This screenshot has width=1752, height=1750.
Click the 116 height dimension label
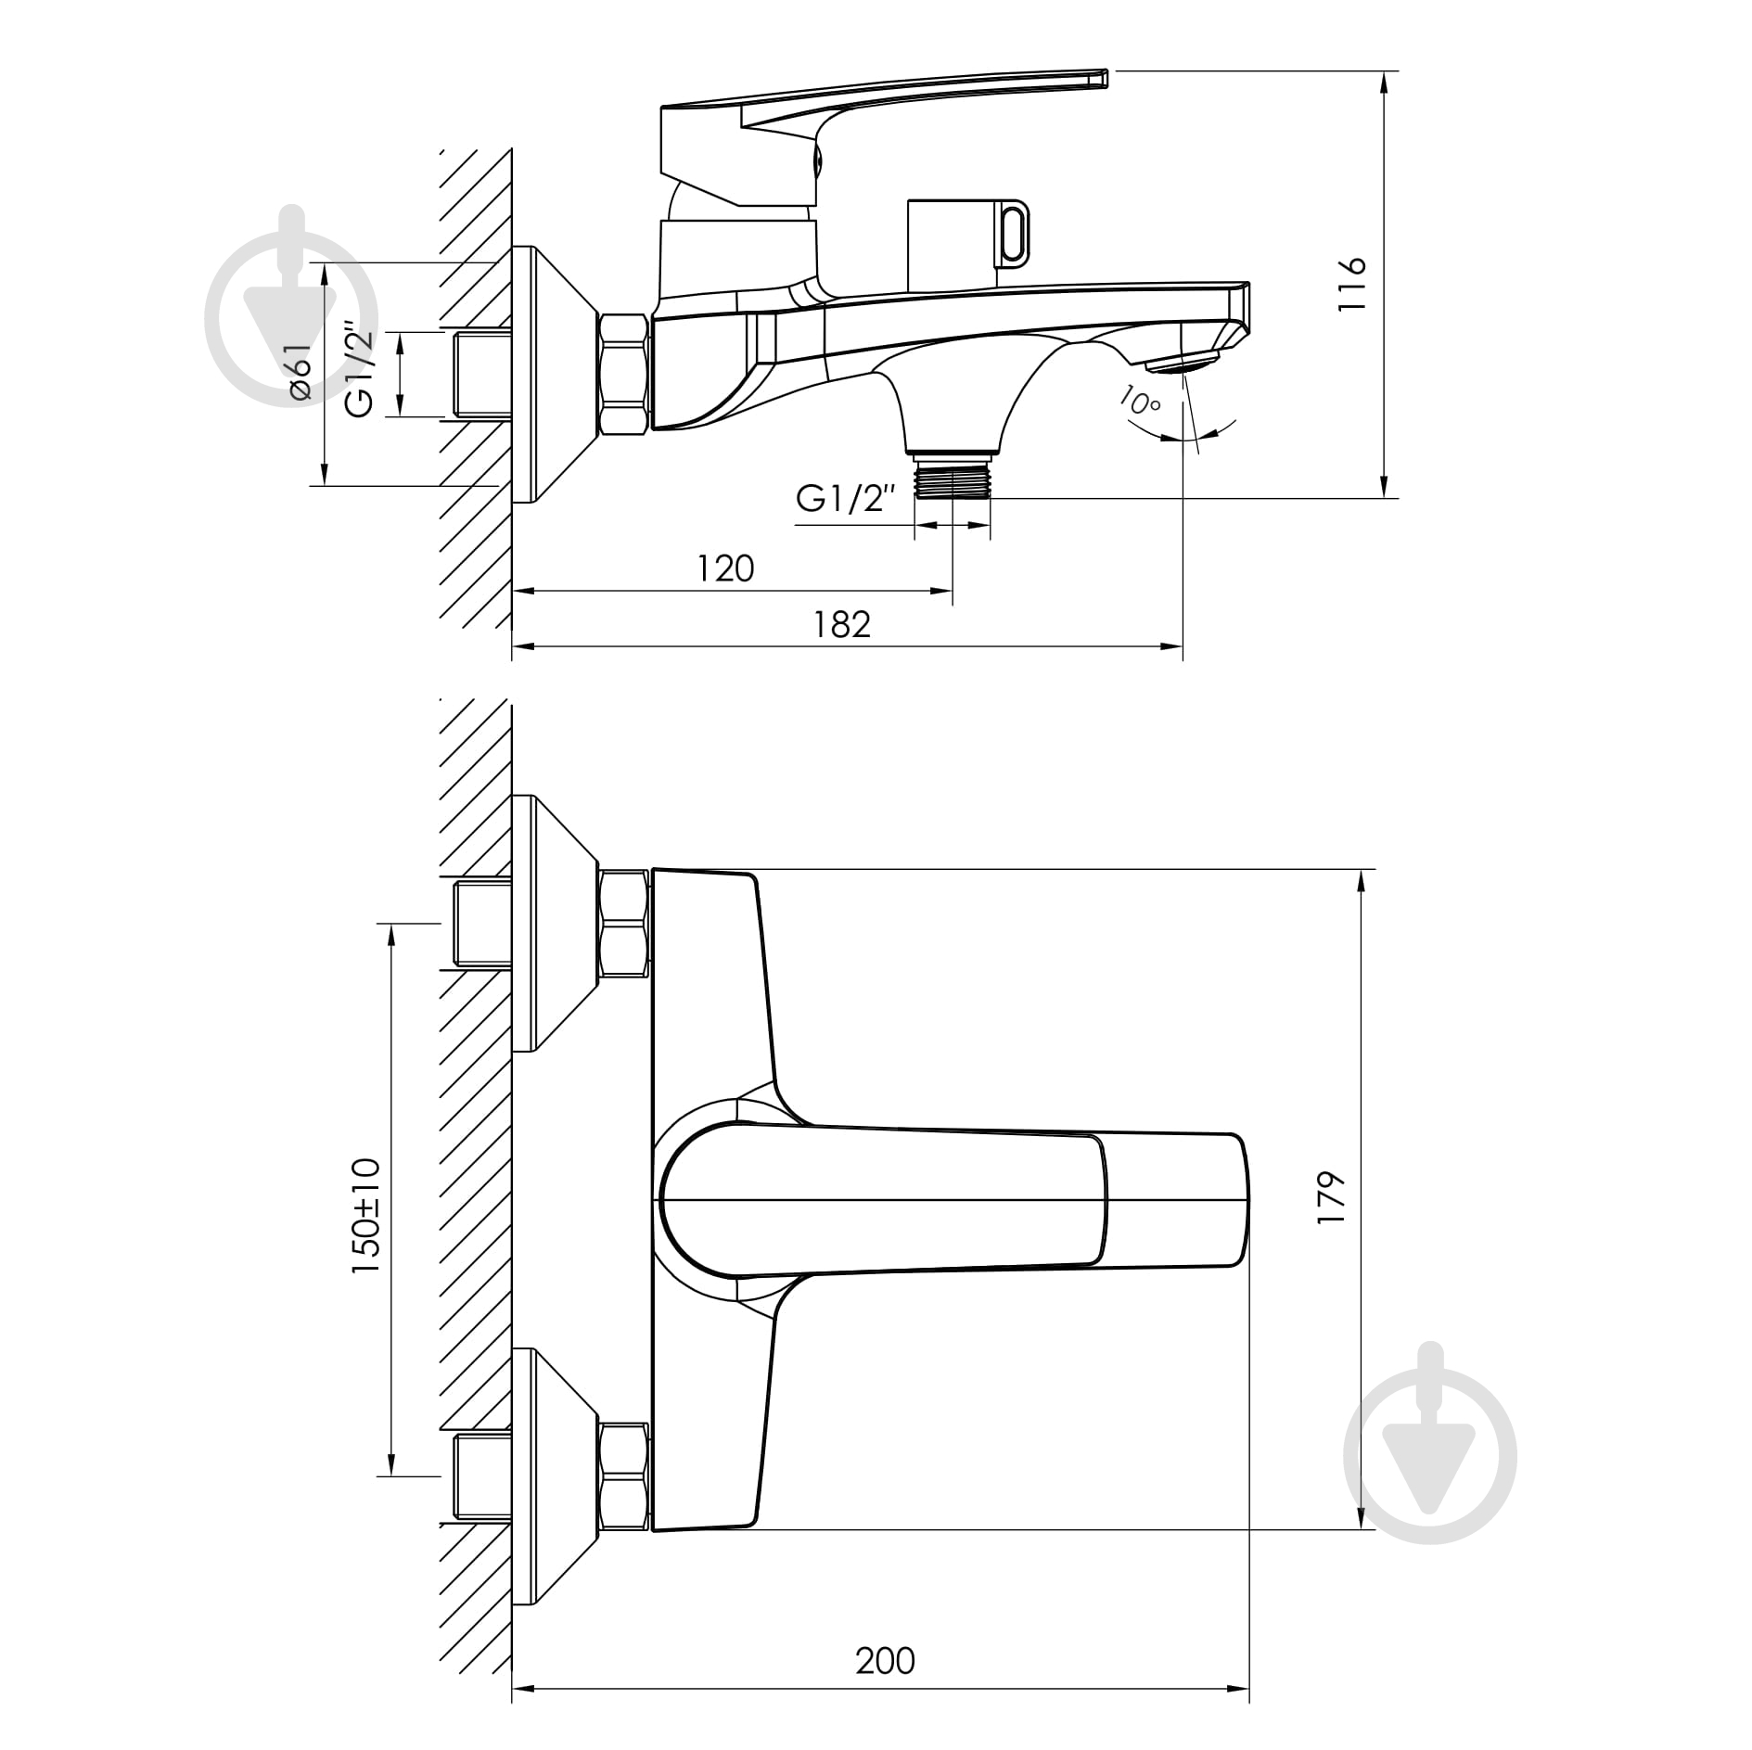(x=1353, y=284)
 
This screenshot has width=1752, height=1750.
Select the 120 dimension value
(x=725, y=568)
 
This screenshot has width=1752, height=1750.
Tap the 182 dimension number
(x=842, y=624)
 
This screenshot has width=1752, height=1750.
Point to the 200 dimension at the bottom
(x=885, y=1659)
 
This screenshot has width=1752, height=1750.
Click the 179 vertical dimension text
(x=1330, y=1197)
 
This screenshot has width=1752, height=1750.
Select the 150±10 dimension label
(x=366, y=1214)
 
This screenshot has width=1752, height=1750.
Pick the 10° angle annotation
(x=1140, y=401)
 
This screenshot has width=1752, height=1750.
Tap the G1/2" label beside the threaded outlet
(x=846, y=499)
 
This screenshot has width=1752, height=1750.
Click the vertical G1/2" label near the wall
(x=360, y=369)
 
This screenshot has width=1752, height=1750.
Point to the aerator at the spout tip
(x=1182, y=364)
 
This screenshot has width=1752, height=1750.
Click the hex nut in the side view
(x=623, y=375)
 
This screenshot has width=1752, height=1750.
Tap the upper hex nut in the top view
(x=623, y=923)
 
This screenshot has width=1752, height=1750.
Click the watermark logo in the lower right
(x=1429, y=1455)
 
